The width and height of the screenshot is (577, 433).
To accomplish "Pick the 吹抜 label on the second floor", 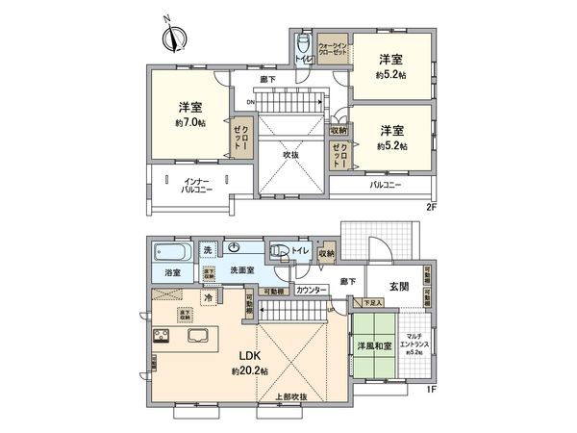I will point(290,153).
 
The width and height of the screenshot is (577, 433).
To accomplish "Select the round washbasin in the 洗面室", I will point(235,248).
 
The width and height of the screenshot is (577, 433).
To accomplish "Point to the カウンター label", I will point(310,289).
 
